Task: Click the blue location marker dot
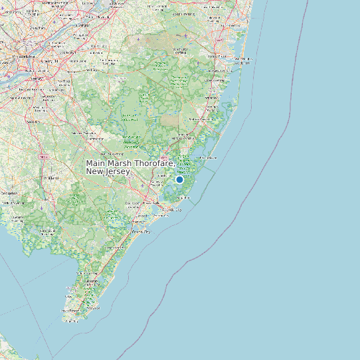pos(179,179)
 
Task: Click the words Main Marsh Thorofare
pos(130,163)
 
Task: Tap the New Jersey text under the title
pos(108,171)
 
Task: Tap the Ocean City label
pos(141,232)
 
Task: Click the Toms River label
pos(217,56)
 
